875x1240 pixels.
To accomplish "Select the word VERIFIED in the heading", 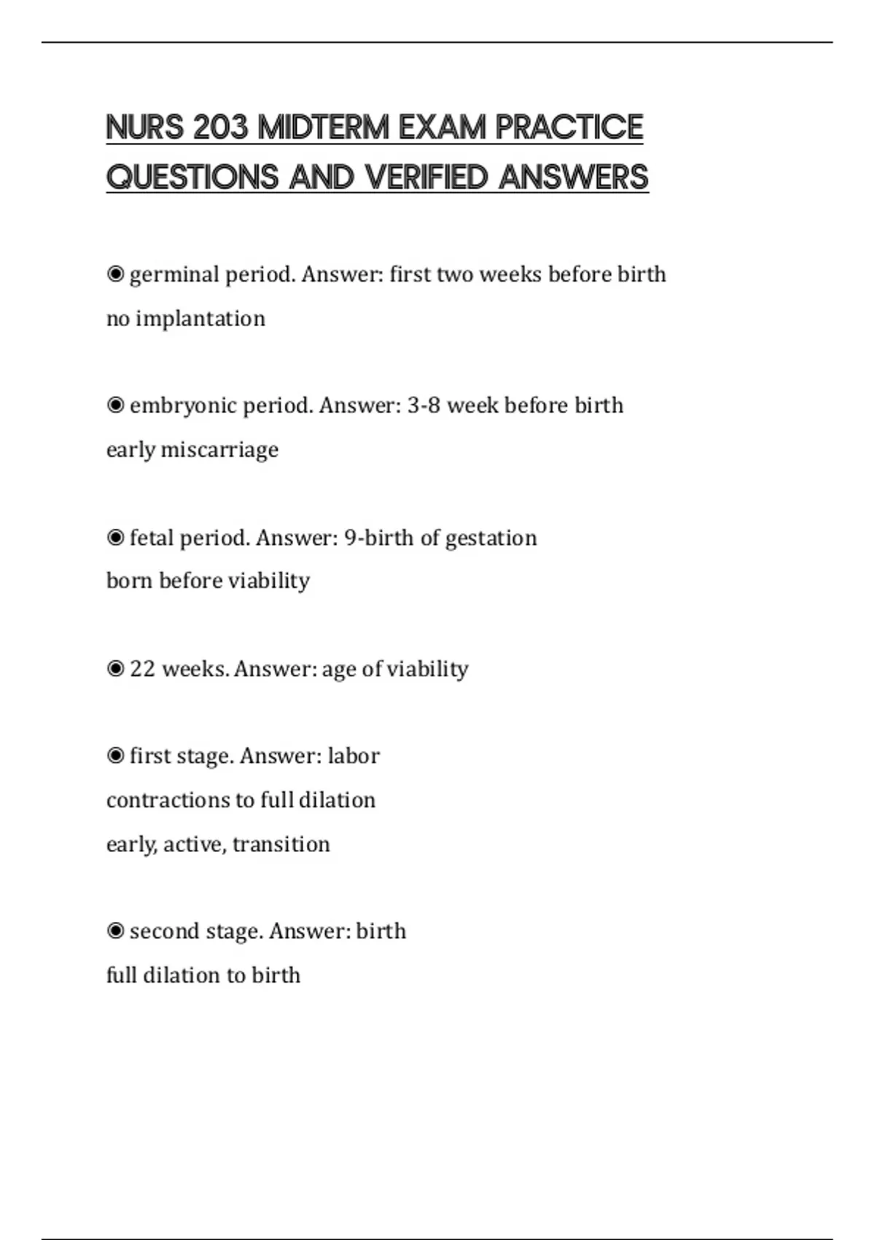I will click(x=426, y=177).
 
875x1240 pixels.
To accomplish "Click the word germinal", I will click(x=174, y=275).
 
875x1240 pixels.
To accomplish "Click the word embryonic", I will click(x=183, y=406).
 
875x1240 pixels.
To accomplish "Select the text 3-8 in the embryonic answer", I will click(x=424, y=406).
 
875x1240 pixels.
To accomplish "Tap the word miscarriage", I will click(x=219, y=449).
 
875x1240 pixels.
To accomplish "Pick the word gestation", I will click(x=491, y=538).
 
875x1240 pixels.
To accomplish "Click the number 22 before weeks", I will click(x=142, y=669).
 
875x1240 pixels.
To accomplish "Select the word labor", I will click(x=354, y=756).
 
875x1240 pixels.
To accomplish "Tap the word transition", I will click(x=281, y=844).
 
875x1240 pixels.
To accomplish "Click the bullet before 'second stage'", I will click(x=115, y=931).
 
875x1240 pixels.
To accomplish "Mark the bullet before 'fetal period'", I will click(x=115, y=538).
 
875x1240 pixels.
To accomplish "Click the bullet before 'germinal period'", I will click(x=115, y=275).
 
